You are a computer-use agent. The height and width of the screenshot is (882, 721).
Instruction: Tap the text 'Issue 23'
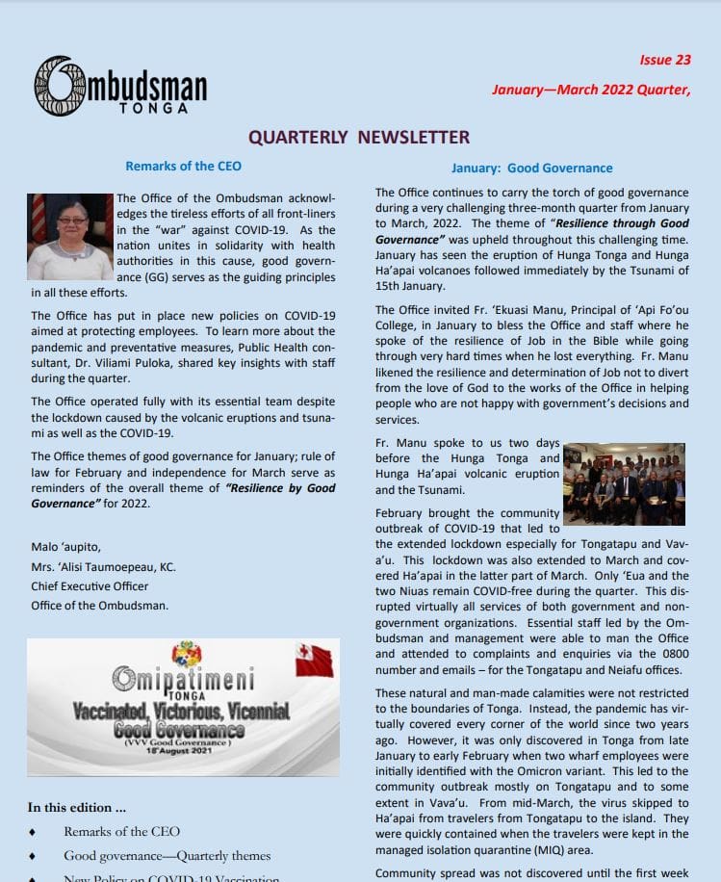click(x=665, y=60)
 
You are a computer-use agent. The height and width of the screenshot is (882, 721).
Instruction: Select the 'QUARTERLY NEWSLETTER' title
click(x=359, y=138)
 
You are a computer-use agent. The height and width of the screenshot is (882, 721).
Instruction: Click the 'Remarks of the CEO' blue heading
click(x=183, y=166)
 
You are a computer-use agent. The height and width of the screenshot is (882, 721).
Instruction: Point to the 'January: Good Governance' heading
click(x=530, y=167)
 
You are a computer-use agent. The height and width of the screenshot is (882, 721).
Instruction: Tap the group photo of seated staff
click(x=624, y=483)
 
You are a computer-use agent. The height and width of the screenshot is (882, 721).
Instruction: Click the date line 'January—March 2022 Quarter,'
click(x=591, y=90)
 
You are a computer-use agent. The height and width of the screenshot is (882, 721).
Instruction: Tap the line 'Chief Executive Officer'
click(x=90, y=585)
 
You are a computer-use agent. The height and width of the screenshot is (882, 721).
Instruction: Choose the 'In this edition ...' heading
click(x=76, y=807)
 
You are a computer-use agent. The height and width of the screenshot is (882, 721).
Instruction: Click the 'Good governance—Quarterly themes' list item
click(x=167, y=855)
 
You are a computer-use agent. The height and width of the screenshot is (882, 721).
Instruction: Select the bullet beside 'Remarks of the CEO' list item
click(x=35, y=831)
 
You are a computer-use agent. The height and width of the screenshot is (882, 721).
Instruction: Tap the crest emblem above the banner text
click(x=186, y=655)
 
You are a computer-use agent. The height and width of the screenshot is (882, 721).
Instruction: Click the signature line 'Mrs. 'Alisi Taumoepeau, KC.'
click(x=103, y=566)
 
